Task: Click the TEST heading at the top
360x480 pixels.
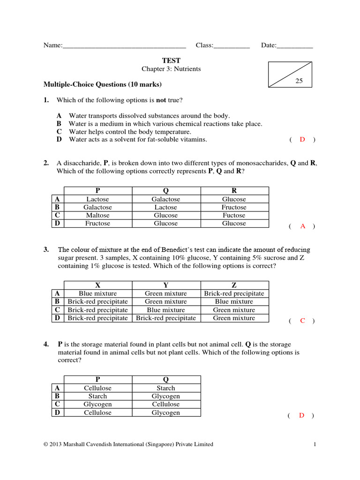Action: tap(171, 60)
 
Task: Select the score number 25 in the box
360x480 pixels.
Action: tap(299, 81)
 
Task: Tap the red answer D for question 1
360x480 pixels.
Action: tap(302, 139)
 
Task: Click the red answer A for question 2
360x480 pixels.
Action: tap(302, 226)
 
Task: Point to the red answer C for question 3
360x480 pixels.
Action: tap(302, 321)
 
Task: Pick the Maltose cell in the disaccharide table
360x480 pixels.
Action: tap(97, 215)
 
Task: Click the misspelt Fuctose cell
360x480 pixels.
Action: tap(234, 215)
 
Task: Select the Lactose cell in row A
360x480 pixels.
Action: tap(97, 199)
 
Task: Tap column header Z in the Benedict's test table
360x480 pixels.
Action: tap(234, 285)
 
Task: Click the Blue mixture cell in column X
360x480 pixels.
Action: tap(97, 293)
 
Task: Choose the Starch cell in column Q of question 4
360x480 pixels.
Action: tap(166, 388)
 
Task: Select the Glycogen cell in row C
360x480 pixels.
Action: tap(97, 404)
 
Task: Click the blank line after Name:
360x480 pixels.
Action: tap(124, 45)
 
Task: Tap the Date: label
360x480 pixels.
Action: tap(269, 45)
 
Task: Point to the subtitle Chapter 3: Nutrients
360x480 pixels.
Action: tap(171, 69)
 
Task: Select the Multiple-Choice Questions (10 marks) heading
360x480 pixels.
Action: tap(103, 85)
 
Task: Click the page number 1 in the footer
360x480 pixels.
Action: tap(315, 444)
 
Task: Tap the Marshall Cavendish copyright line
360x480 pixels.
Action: tap(128, 444)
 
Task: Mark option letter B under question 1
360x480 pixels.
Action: tap(59, 124)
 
